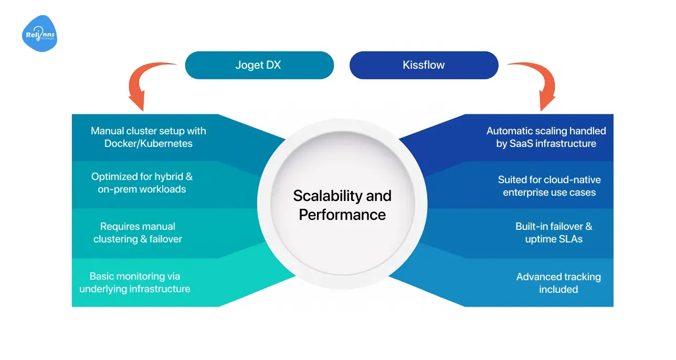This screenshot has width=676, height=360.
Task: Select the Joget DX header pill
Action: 259,65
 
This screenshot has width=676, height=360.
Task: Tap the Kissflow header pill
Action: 424,65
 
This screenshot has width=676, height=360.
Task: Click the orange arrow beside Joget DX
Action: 145,84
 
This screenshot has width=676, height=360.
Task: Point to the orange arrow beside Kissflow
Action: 538,84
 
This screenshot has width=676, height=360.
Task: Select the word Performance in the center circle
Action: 342,214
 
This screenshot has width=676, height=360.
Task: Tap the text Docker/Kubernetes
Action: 149,143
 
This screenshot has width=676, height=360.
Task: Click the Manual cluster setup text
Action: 149,131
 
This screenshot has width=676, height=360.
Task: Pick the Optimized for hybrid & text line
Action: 142,177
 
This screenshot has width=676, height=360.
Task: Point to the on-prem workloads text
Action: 142,189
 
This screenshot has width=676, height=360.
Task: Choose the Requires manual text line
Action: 138,226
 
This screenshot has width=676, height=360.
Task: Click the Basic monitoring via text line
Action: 135,276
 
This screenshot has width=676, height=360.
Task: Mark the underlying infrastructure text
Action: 135,289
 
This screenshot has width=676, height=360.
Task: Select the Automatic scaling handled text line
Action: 546,131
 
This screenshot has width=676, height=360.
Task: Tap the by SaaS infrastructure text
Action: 546,143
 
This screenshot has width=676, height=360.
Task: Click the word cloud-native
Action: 573,179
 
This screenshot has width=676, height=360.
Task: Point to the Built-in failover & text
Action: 554,226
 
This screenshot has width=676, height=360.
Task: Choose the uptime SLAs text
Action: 554,239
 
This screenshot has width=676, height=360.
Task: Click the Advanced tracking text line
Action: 558,277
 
